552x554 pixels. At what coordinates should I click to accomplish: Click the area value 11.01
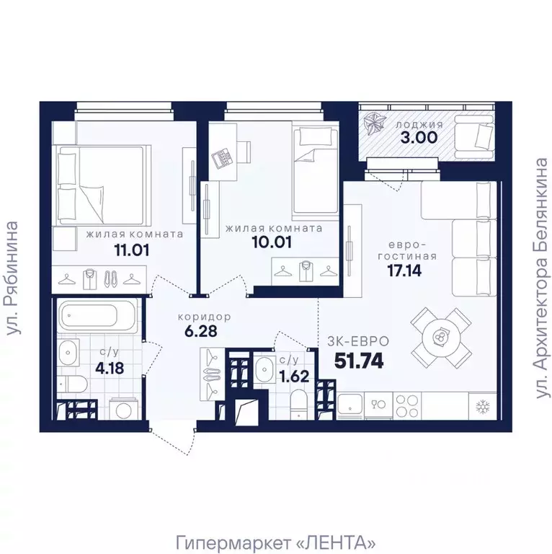(132, 250)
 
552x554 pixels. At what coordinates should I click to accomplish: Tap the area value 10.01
(272, 242)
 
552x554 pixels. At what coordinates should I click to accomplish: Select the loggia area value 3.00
(419, 138)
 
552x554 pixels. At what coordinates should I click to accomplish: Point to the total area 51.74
(359, 361)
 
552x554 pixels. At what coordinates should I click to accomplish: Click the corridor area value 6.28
(201, 331)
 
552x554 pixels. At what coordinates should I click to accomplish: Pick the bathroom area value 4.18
(110, 368)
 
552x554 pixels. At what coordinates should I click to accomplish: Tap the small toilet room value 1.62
(294, 377)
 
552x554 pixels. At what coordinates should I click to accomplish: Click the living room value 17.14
(404, 271)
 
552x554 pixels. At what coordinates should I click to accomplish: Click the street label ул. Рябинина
(12, 278)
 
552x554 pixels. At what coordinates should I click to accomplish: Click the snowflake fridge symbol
(482, 407)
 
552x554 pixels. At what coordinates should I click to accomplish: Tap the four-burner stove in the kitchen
(407, 406)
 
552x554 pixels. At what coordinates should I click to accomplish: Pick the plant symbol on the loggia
(373, 125)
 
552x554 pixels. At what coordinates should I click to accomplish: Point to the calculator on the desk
(222, 157)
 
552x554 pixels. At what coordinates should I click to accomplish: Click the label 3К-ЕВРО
(358, 341)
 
